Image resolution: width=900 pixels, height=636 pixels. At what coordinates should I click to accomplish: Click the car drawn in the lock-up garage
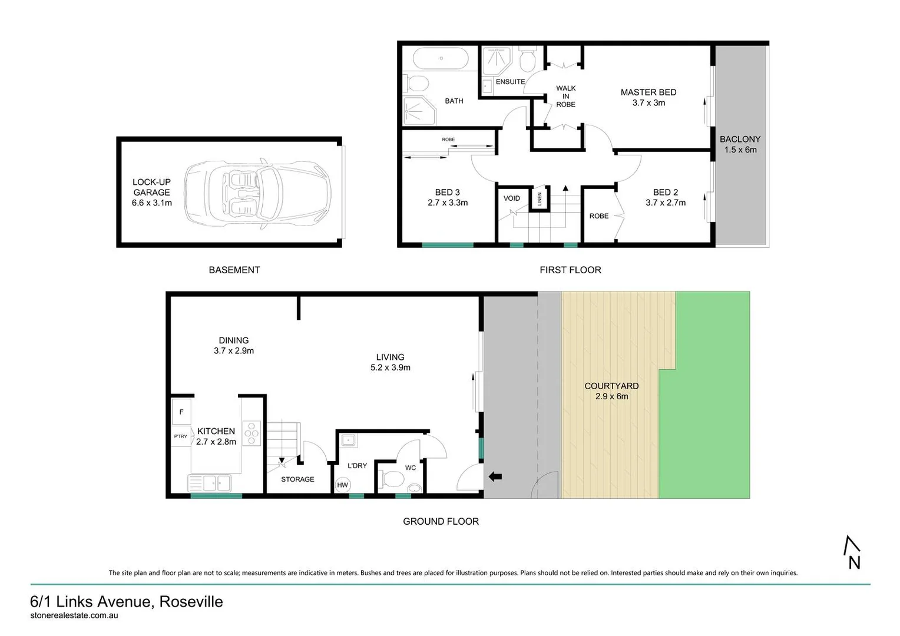(x=257, y=193)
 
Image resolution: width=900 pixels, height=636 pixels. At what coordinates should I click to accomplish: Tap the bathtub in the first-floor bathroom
(x=441, y=59)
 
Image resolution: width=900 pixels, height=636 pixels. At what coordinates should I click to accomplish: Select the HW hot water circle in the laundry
(x=342, y=485)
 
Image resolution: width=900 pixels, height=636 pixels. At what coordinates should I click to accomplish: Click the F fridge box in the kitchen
(x=181, y=412)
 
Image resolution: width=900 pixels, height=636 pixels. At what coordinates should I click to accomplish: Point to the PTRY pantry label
(x=180, y=436)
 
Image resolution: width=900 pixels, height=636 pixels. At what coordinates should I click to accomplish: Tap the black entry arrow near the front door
(x=493, y=476)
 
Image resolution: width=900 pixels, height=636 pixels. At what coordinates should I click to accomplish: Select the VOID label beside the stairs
(x=511, y=198)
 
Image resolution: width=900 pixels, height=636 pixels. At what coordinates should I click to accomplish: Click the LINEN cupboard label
(x=539, y=199)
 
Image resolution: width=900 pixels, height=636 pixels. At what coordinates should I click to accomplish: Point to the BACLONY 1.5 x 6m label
(x=740, y=144)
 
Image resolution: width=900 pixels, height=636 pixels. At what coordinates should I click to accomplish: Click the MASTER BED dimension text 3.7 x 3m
(x=648, y=103)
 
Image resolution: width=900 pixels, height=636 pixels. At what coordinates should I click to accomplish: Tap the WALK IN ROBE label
(x=565, y=97)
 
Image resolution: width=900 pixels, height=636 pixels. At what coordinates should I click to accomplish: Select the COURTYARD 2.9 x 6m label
(x=611, y=391)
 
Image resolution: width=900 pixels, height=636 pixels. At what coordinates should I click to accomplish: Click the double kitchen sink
(x=210, y=483)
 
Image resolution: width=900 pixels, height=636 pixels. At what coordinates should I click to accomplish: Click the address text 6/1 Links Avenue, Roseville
(x=127, y=602)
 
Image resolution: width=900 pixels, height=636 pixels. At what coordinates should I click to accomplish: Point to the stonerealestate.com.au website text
(x=74, y=615)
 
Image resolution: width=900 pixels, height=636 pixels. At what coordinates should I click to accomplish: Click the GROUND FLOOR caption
(x=441, y=521)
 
